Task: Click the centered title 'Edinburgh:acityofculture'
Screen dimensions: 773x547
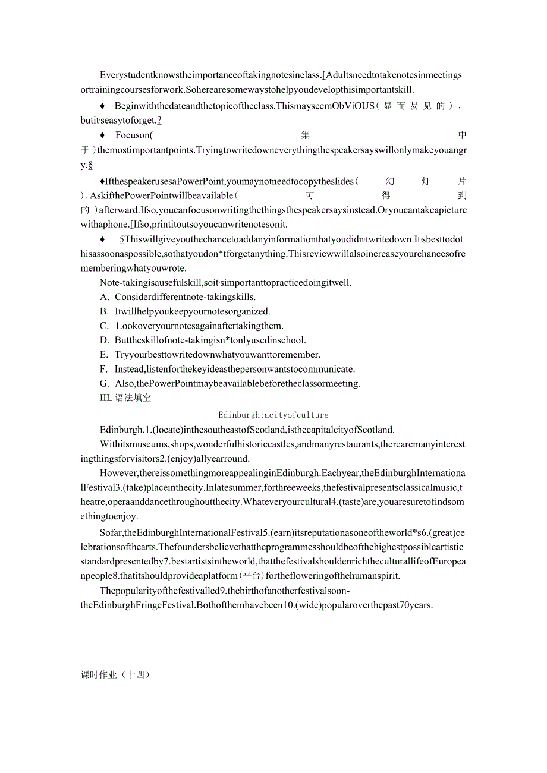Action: [x=273, y=415]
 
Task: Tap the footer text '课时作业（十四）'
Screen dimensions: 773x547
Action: [x=115, y=675]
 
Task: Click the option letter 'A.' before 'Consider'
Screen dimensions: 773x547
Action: [x=105, y=296]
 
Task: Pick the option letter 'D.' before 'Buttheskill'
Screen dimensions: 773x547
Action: [x=105, y=340]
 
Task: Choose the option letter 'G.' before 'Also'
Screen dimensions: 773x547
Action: [x=105, y=383]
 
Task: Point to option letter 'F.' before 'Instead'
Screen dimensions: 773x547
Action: [x=105, y=369]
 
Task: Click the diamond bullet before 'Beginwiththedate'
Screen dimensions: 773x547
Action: [x=102, y=106]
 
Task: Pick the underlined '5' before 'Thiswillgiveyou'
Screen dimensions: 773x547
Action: [x=122, y=239]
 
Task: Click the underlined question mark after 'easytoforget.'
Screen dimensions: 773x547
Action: [x=159, y=121]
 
